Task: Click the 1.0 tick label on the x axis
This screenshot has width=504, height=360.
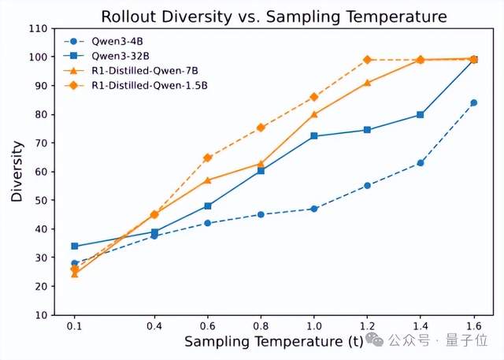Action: point(314,325)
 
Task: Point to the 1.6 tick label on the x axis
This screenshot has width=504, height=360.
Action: point(473,325)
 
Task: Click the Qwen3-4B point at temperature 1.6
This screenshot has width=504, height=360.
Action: point(473,102)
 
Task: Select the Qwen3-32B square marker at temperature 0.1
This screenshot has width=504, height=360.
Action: point(75,246)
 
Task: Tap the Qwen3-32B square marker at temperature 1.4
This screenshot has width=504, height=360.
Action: point(421,114)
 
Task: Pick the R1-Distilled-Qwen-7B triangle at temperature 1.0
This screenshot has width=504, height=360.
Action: point(314,114)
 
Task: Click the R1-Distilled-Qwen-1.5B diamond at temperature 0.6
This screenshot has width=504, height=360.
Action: point(208,158)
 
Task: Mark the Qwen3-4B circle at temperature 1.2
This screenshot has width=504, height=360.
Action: point(367,186)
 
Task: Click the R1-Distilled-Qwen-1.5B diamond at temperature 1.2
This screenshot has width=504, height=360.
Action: point(367,60)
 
